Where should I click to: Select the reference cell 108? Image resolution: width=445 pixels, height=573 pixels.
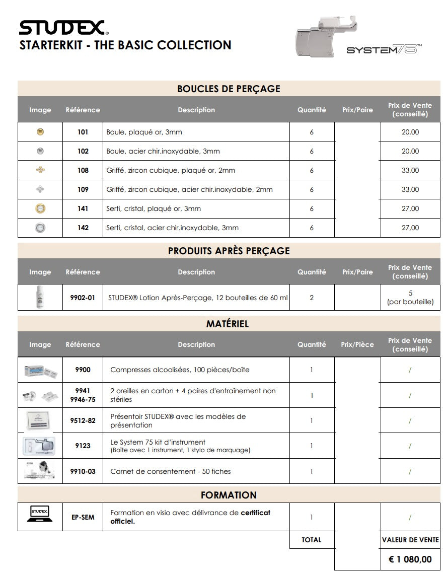coord(83,170)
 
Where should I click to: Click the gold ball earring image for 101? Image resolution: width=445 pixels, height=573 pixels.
coord(40,132)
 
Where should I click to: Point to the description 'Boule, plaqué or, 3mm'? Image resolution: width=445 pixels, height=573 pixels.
coord(144,132)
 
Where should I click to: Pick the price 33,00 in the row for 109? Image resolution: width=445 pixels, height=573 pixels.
coord(410,189)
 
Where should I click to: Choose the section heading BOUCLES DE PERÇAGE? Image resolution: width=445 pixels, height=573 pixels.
coord(229,89)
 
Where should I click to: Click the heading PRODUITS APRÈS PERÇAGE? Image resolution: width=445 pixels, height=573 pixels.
coord(229,251)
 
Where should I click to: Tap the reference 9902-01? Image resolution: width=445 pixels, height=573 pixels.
coord(83,298)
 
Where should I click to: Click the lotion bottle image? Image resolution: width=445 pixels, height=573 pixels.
coord(40,297)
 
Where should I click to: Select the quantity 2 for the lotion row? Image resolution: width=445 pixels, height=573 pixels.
coord(312,298)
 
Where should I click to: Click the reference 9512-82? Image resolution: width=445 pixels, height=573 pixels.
coord(83,420)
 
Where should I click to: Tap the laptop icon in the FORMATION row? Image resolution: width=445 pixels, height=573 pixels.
coord(40,513)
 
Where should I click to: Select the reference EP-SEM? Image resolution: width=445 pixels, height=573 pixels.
coord(83,517)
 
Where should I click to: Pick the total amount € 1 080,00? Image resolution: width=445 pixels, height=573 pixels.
coord(410,559)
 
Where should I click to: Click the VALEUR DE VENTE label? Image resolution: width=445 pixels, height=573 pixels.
coord(410,540)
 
